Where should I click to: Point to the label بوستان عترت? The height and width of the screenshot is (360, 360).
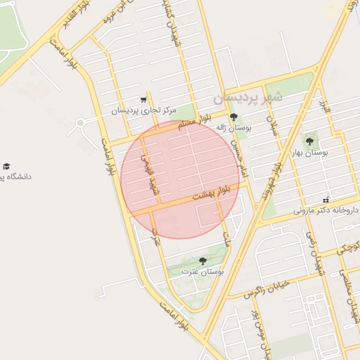click(x=202, y=271)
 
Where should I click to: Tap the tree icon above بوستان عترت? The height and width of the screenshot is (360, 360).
click(x=203, y=261)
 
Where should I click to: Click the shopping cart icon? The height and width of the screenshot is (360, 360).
click(x=143, y=100)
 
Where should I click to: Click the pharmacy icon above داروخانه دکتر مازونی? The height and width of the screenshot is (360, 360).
click(x=326, y=200)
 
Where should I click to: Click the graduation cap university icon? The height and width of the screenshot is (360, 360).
click(x=6, y=167)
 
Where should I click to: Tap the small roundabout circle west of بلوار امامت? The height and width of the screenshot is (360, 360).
click(x=80, y=122)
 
